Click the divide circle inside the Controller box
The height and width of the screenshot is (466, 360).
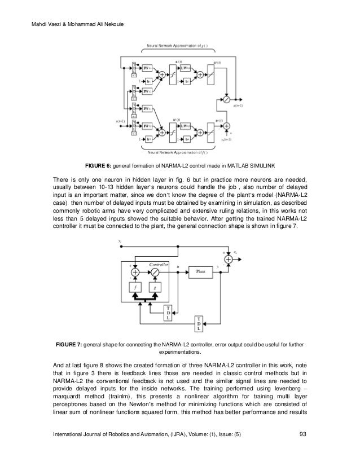(x=154, y=271)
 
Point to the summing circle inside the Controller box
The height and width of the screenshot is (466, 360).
(x=135, y=271)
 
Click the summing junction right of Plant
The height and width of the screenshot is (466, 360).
(x=229, y=259)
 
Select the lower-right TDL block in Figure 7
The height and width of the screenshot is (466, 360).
(x=199, y=324)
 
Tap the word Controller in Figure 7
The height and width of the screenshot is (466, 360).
(x=160, y=263)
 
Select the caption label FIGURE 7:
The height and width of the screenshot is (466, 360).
(x=68, y=344)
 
